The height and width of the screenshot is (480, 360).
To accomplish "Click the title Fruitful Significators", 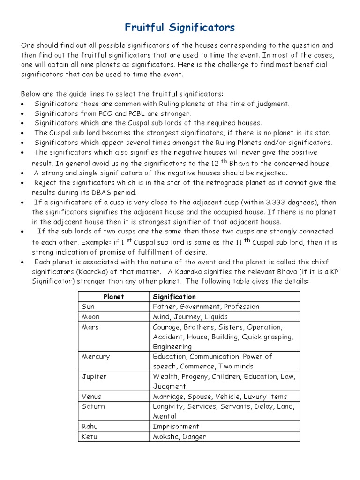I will pos(180,28).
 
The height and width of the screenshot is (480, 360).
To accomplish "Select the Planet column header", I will pos(113,297).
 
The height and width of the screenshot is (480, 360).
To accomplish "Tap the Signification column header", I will pos(174,297).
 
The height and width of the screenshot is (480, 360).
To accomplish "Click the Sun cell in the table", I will pos(88,307).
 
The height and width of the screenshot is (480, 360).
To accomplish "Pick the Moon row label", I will pos(90,317).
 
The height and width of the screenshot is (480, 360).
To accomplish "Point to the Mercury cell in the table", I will pos(96,356).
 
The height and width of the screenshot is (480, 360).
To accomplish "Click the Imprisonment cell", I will pos(176,427).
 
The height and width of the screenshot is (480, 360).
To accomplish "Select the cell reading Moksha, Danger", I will pos(179,437).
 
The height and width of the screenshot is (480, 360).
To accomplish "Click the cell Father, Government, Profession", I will pos(206,307).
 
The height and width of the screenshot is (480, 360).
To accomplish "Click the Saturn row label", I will pos(93,406).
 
